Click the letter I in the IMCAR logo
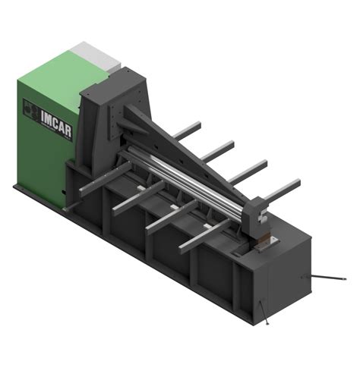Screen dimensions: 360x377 coord(43,116)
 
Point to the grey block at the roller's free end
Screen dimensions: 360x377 coord(255,218)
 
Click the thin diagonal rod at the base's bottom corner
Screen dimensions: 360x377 coord(264,312)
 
